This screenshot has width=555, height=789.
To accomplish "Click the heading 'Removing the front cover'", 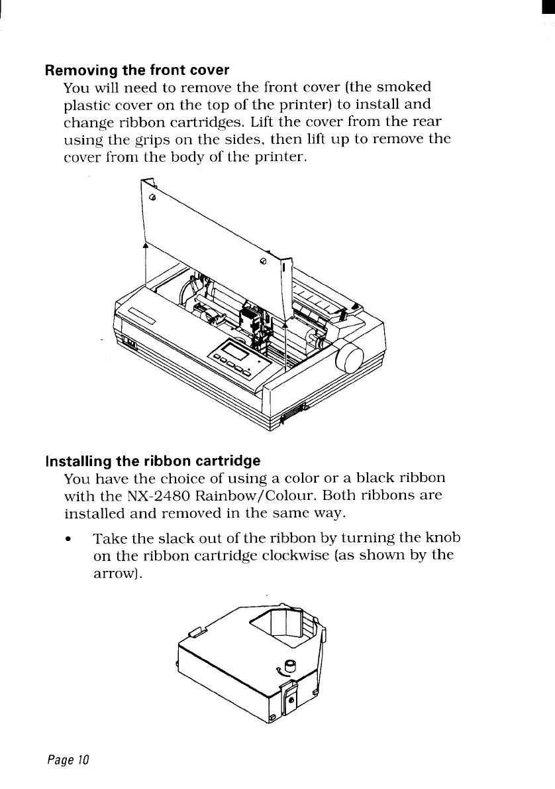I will [136, 70].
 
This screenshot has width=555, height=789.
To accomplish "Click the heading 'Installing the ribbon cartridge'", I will [152, 460].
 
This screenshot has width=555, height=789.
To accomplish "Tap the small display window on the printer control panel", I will [234, 351].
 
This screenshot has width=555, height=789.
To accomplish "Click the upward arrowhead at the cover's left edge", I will [145, 245].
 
